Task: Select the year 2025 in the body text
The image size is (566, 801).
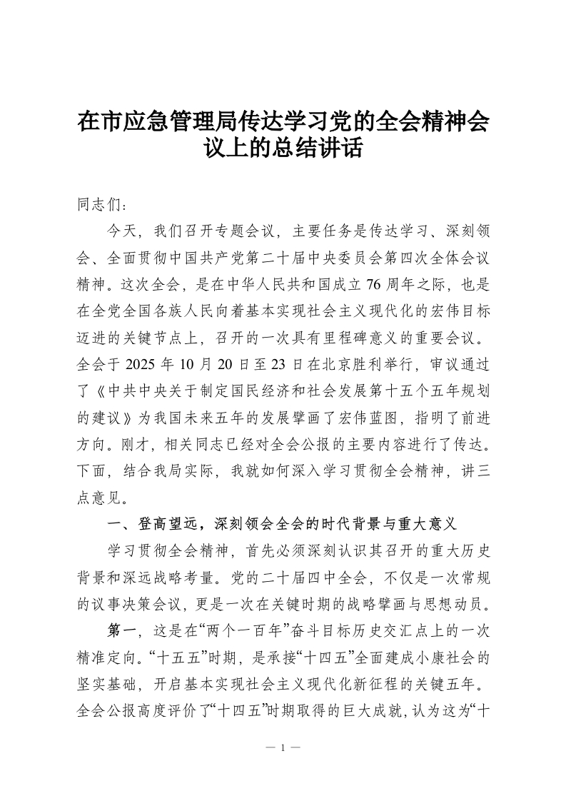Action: point(143,366)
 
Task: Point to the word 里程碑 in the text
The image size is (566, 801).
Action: point(348,340)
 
